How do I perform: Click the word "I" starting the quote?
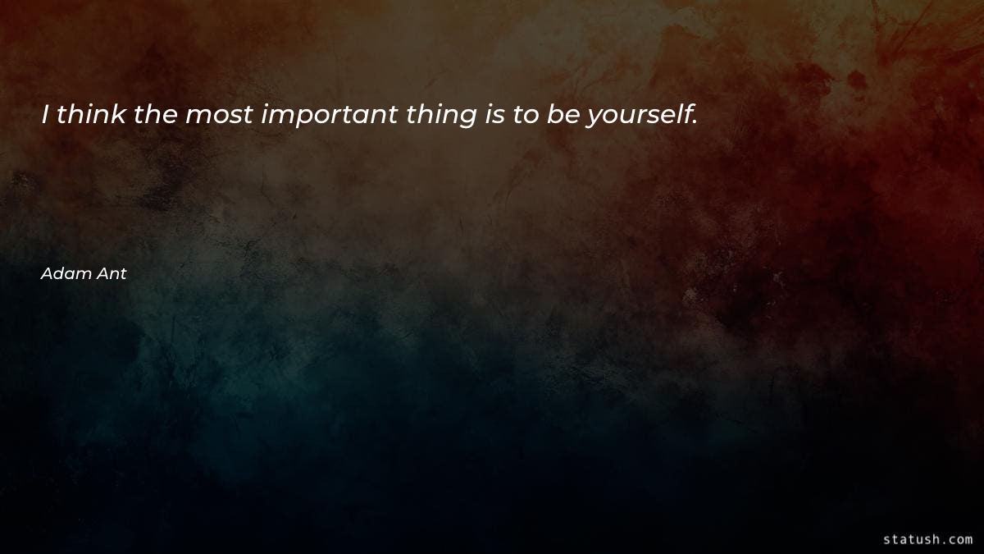tap(47, 115)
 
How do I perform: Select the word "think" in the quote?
tap(92, 115)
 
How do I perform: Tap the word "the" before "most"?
tap(156, 115)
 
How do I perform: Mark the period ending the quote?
tap(695, 124)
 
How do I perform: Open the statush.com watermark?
tap(927, 539)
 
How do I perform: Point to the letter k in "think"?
tap(117, 115)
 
